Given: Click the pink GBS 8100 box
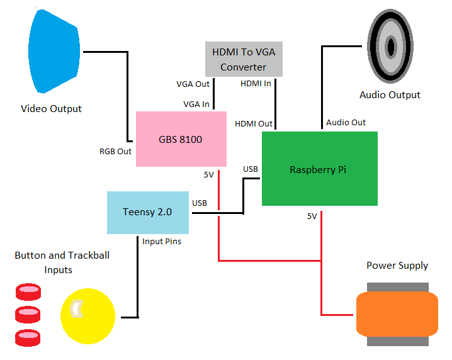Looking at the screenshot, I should point(181,139).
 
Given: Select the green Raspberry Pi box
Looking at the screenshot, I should point(319,169).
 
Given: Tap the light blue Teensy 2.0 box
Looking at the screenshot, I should point(148,212).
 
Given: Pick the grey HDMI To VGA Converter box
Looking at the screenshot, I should point(243,59).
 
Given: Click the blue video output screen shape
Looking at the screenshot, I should point(55,50).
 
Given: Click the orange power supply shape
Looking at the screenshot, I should point(397,314).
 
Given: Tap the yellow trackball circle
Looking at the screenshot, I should point(88,315).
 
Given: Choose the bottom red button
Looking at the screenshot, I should point(28,336).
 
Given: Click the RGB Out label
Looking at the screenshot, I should point(116,151).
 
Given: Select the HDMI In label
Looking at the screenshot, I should point(256,83).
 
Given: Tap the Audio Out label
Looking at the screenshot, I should point(346,122).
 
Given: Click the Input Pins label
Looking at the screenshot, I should point(162,241).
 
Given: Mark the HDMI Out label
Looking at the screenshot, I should point(254,123).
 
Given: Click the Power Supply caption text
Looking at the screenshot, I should point(397,265).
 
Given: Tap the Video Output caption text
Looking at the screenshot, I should point(51,108).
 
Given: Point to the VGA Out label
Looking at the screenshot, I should point(193,83).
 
